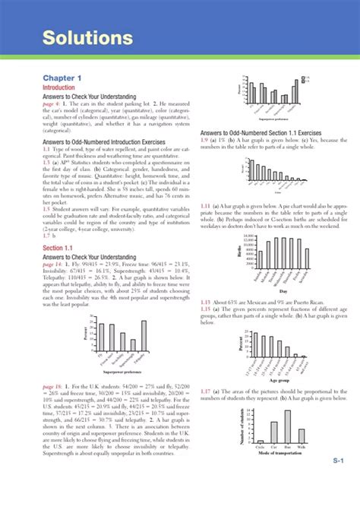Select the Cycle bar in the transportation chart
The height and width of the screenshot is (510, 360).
260,442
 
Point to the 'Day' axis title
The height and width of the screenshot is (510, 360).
283,291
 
